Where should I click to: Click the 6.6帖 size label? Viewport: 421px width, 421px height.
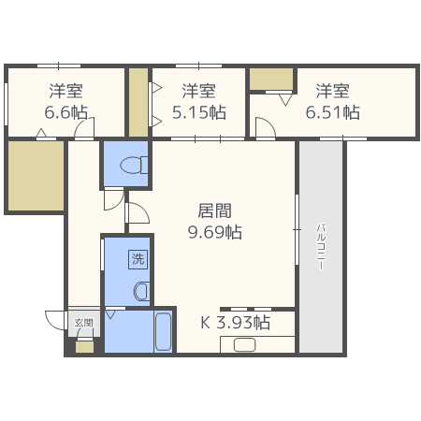coord(65,112)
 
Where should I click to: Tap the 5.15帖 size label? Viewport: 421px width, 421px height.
coord(198,112)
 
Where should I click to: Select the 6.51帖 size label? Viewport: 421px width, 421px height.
coord(332,112)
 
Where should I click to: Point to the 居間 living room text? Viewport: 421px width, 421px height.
coord(214,210)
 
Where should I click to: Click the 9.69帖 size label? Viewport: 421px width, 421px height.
coord(214,231)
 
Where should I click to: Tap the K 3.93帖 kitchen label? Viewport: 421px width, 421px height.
coord(236,323)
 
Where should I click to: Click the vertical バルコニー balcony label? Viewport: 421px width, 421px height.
coord(320,246)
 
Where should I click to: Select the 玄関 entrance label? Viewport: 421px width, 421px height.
coord(84,324)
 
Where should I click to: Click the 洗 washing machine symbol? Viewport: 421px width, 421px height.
coord(138,259)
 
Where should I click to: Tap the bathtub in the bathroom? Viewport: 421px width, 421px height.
coord(163,332)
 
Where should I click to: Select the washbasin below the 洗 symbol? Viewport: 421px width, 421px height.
coord(140,290)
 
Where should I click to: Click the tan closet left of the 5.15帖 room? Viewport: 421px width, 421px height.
coord(138,101)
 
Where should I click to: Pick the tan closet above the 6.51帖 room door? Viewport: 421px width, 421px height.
coord(271,79)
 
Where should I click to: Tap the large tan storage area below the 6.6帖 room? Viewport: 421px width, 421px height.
coord(36,176)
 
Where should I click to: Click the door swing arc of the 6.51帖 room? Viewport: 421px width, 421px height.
coord(264,128)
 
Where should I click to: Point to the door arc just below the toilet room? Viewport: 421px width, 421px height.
coord(138,213)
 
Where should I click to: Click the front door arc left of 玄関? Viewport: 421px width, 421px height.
coord(54,318)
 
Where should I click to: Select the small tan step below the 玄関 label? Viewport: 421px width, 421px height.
coord(84,347)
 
